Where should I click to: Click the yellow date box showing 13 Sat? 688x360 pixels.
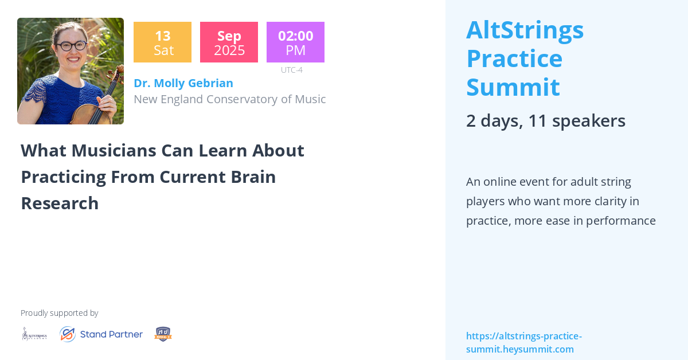[162, 42]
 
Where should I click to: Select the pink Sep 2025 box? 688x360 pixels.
[229, 42]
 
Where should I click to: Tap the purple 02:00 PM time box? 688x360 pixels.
[295, 42]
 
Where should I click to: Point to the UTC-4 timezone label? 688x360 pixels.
[291, 70]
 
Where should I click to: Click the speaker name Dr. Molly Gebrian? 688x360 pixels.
[183, 83]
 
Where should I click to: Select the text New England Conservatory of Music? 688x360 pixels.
[229, 99]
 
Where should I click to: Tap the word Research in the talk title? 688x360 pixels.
[60, 203]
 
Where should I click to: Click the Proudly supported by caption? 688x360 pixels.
[60, 313]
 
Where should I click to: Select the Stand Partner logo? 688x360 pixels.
[101, 334]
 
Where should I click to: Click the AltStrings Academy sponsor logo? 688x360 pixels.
[34, 334]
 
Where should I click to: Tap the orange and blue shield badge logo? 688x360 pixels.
[163, 334]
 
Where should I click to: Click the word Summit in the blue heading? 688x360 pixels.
[513, 87]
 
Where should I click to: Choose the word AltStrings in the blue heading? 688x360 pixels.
[525, 30]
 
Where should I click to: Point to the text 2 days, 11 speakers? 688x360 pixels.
[545, 121]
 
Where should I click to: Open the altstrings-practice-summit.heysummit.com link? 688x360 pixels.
[523, 343]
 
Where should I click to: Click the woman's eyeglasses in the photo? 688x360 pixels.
[72, 45]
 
